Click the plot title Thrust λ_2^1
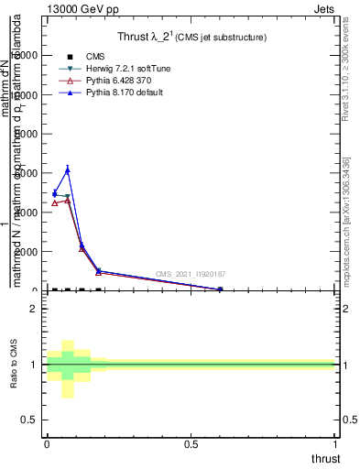click(192, 38)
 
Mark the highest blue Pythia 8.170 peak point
click(68, 170)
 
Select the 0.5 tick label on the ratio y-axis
click(27, 420)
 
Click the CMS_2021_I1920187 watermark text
click(191, 274)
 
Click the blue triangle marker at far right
click(220, 289)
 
